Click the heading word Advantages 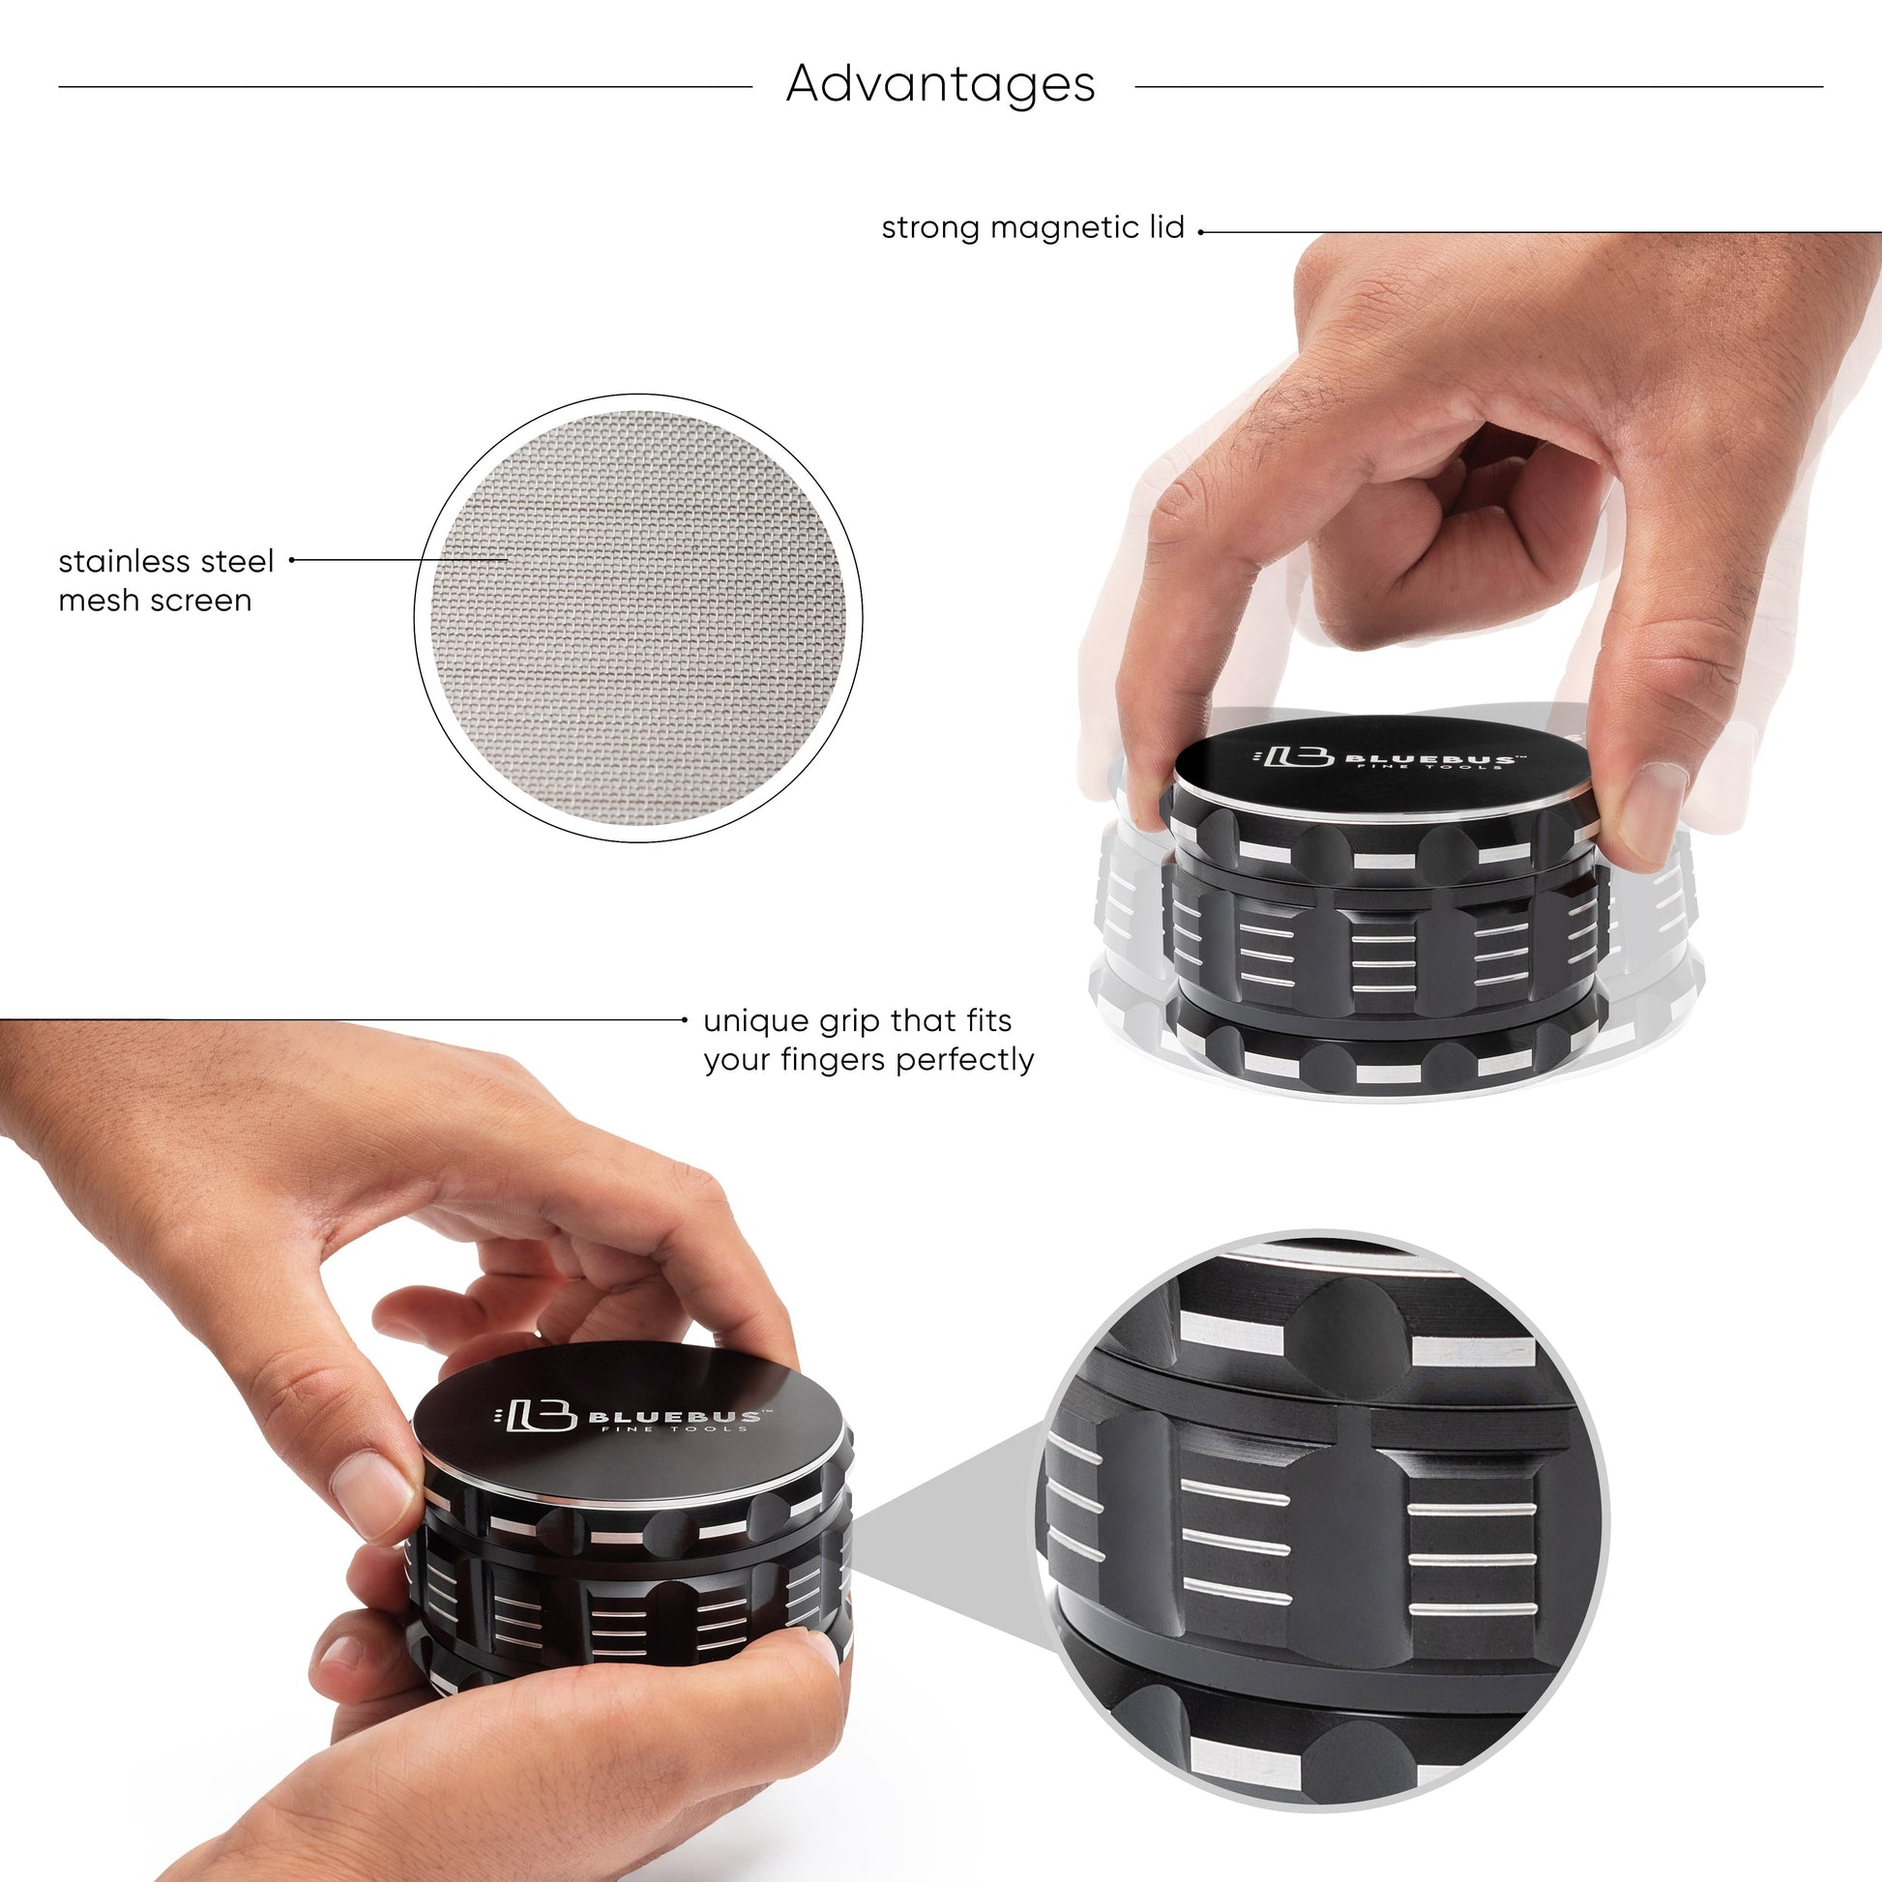click(940, 84)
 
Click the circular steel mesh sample click(638, 618)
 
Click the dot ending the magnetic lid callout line click(1201, 232)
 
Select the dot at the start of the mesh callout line click(291, 560)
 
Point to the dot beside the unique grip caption click(685, 1020)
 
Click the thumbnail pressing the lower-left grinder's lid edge click(371, 1491)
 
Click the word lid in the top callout click(1165, 228)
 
